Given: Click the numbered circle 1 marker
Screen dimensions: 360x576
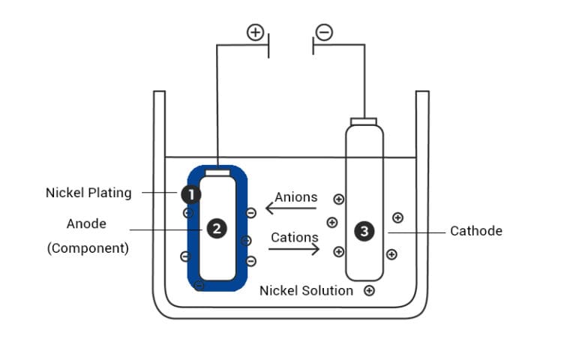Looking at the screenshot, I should coord(190,194).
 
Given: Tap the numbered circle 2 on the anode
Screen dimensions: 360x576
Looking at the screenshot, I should coord(217,229).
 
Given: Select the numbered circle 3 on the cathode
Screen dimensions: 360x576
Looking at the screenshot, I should coord(364,232).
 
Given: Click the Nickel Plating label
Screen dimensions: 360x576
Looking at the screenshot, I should coord(88,193).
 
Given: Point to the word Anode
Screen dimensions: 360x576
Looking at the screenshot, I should coord(86,223).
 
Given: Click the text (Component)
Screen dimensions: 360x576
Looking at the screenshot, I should coord(88,248).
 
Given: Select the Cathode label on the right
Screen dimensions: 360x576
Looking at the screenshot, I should coord(475,231).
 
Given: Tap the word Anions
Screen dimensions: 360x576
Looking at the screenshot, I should coord(295,197).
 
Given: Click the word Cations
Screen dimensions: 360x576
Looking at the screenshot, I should coord(295,238).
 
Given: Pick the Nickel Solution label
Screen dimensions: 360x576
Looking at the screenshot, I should coord(306,290).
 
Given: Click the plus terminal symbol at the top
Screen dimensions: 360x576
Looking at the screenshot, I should coord(256,32).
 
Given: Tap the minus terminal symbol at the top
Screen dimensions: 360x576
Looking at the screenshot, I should coord(324,32).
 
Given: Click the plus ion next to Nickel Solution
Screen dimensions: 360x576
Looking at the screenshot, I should coord(369,290).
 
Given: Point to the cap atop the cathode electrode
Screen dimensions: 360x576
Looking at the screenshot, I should coord(364,121).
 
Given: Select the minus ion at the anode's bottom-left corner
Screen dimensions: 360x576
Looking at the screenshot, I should coord(199,285).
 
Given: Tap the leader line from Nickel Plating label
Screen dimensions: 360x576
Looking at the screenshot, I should coord(160,193).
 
